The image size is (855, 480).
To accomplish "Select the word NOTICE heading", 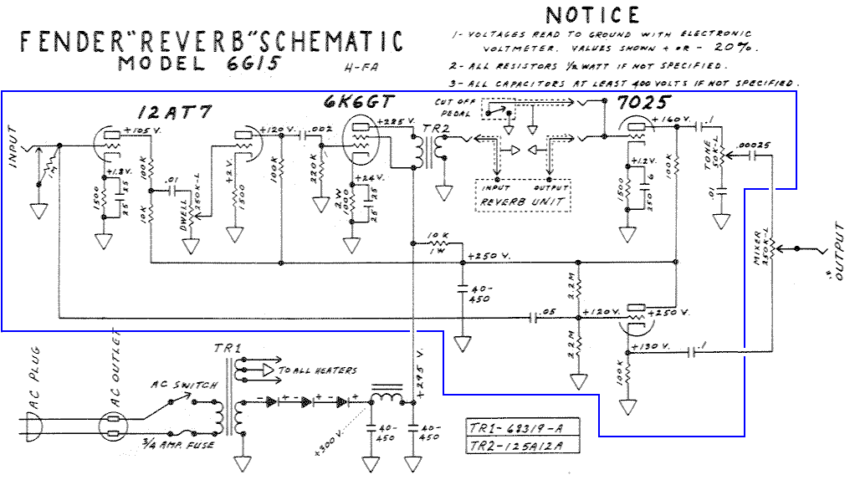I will click(592, 15).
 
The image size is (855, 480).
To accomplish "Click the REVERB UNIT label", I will click(521, 202).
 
